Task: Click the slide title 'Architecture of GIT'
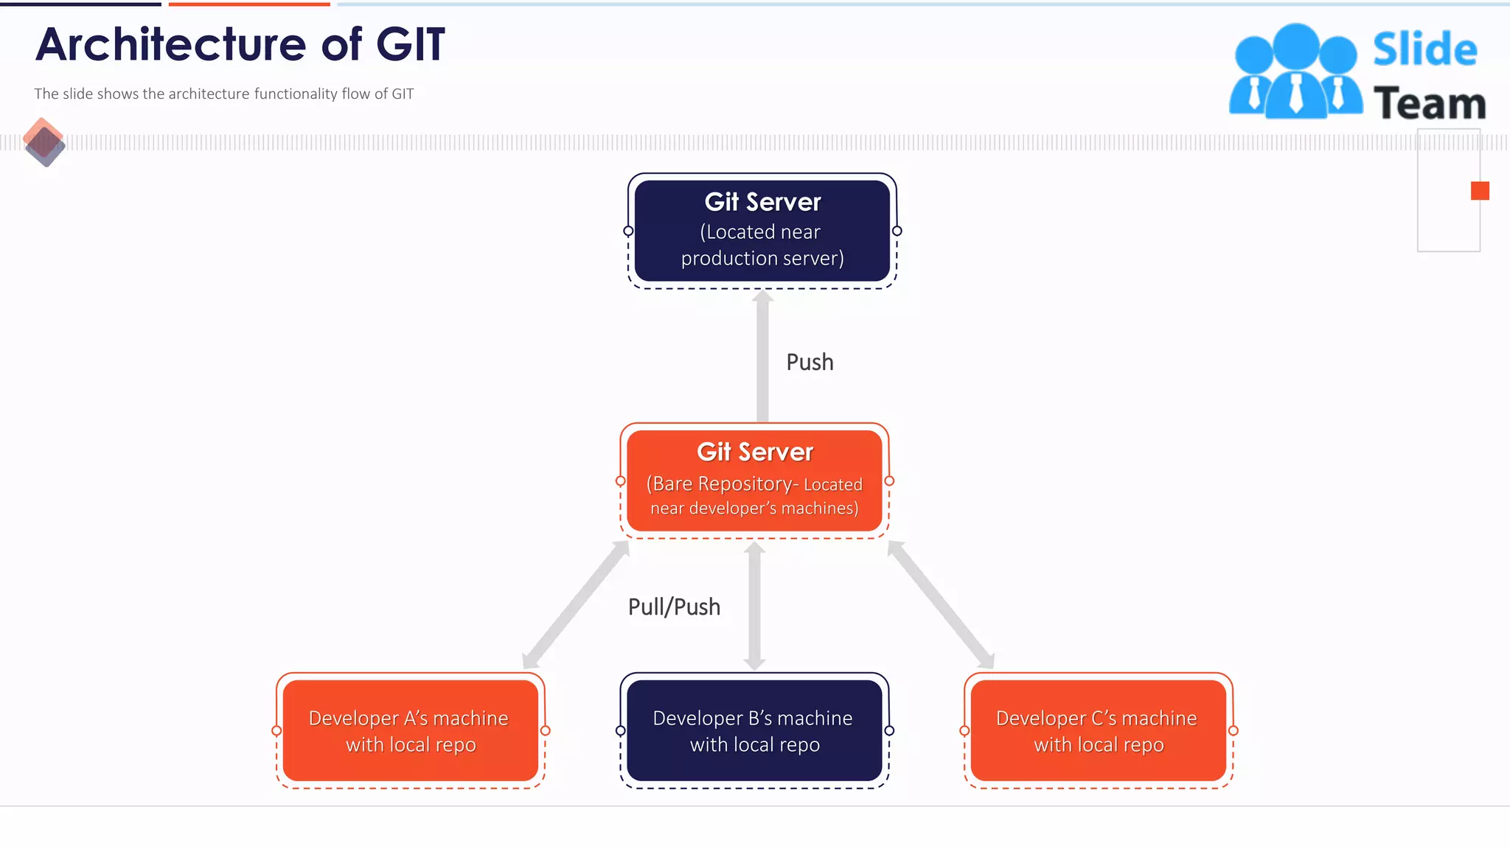[240, 44]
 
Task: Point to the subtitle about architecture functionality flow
[224, 94]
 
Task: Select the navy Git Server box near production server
[762, 230]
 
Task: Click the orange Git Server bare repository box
[754, 481]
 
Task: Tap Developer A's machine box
[410, 730]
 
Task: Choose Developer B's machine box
[754, 730]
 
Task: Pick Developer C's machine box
[1098, 730]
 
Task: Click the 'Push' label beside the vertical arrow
[810, 362]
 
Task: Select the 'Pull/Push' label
[674, 607]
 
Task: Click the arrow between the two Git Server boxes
[762, 357]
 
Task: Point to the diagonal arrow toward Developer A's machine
[576, 604]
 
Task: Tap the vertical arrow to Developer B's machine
[754, 606]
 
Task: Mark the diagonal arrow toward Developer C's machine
[941, 604]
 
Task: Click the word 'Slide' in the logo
[1424, 49]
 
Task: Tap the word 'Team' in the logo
[1429, 103]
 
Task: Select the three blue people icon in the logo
[1295, 72]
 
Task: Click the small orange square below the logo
[1479, 191]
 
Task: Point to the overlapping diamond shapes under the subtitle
[44, 142]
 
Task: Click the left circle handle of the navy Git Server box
[628, 231]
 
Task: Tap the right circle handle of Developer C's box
[1233, 730]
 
